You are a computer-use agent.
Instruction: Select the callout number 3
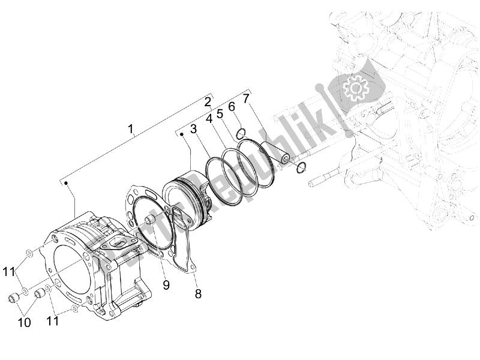194,129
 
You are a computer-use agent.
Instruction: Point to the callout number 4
209,119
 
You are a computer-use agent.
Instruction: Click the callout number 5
220,113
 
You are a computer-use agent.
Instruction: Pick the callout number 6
231,106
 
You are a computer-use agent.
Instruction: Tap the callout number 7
246,98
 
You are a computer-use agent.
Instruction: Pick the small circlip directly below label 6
240,133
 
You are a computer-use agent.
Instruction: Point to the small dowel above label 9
150,221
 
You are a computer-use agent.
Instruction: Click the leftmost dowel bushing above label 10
14,298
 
